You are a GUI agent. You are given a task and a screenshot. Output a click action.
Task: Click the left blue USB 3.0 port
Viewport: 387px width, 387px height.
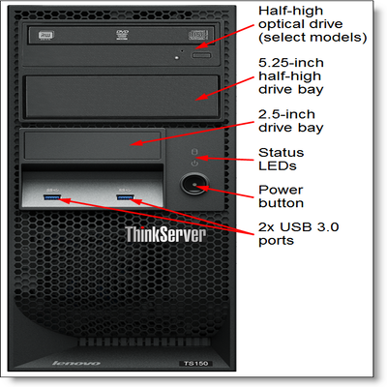click(x=52, y=197)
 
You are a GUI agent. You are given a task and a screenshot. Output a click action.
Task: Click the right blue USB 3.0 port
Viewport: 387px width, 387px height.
click(x=125, y=197)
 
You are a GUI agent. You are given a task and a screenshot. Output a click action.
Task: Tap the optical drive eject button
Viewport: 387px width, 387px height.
click(x=201, y=55)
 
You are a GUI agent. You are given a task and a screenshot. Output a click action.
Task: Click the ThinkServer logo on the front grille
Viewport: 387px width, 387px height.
click(x=165, y=234)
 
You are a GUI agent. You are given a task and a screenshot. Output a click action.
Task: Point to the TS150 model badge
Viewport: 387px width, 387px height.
click(x=195, y=363)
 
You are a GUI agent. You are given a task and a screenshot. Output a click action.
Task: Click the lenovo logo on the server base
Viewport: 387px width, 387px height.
click(x=76, y=363)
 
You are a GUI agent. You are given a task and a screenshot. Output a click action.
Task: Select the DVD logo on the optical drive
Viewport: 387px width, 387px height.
click(x=122, y=35)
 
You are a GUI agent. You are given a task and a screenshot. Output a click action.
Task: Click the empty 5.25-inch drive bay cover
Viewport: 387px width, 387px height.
click(x=122, y=97)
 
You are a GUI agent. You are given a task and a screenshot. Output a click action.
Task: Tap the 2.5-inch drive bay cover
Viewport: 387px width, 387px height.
click(x=93, y=145)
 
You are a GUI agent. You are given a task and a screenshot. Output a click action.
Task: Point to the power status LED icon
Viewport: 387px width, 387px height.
click(x=194, y=164)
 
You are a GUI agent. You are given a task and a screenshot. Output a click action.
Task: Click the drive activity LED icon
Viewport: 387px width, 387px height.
click(x=194, y=152)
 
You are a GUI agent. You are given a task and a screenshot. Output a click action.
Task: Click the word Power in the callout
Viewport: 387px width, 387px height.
click(x=281, y=190)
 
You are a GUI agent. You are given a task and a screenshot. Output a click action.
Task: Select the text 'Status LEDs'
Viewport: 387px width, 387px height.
click(x=281, y=159)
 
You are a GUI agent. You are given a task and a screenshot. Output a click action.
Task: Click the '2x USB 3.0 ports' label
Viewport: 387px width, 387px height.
click(x=298, y=234)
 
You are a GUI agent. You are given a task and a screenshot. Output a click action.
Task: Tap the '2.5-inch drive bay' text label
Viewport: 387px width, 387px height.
click(x=290, y=121)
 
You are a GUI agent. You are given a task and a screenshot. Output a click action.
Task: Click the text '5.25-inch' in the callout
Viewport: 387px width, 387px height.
click(x=291, y=63)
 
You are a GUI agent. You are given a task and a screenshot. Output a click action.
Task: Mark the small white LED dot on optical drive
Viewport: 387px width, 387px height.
click(x=176, y=58)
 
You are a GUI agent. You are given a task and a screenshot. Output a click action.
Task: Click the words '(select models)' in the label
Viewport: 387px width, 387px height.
click(x=313, y=38)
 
